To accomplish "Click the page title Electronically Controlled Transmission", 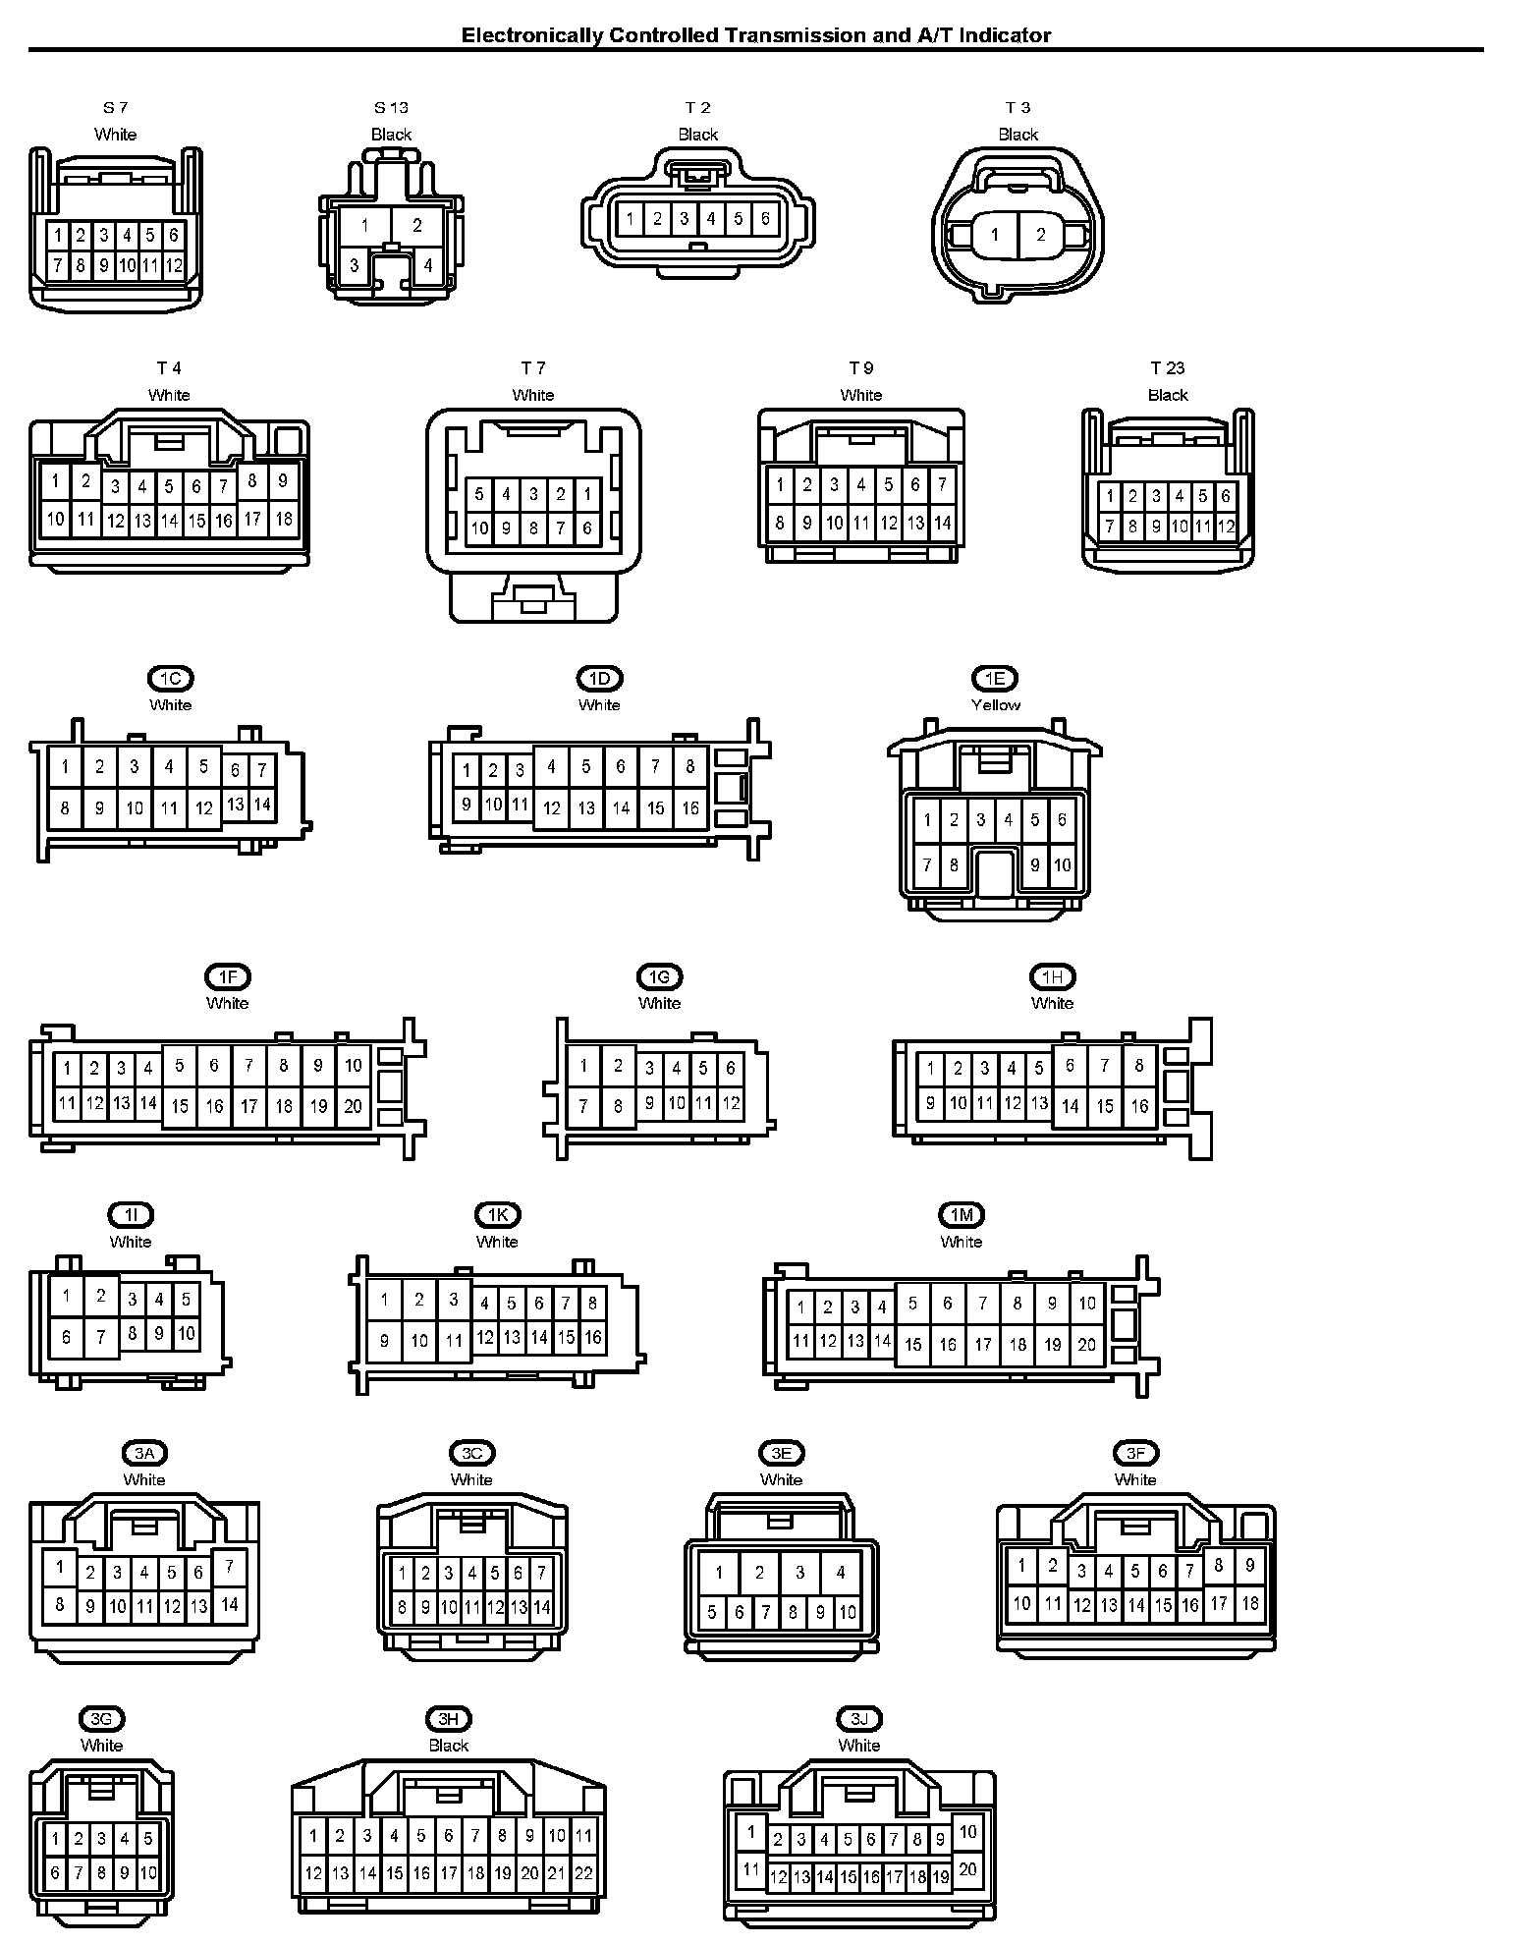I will pyautogui.click(x=756, y=36).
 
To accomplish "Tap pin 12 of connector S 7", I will pyautogui.click(x=174, y=265).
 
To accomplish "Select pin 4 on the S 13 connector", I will pyautogui.click(x=428, y=265).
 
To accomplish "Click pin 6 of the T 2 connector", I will pyautogui.click(x=765, y=219).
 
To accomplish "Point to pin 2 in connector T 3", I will pyautogui.click(x=1041, y=235).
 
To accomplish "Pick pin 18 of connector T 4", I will pyautogui.click(x=284, y=519).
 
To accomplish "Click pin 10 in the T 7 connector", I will pyautogui.click(x=479, y=528).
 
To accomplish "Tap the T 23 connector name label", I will pyautogui.click(x=1168, y=368).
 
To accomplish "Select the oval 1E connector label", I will pyautogui.click(x=995, y=679).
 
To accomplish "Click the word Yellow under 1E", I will pyautogui.click(x=996, y=705).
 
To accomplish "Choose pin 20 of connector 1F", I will pyautogui.click(x=353, y=1106).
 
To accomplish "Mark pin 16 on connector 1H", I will pyautogui.click(x=1139, y=1106).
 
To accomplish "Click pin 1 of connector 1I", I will pyautogui.click(x=66, y=1296).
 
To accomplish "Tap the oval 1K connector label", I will pyautogui.click(x=497, y=1215).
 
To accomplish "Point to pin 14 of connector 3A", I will pyautogui.click(x=230, y=1605).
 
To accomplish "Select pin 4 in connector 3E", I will pyautogui.click(x=841, y=1573).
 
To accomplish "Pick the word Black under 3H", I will pyautogui.click(x=449, y=1746).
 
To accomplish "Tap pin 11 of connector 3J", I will pyautogui.click(x=751, y=1869).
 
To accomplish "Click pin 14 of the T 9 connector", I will pyautogui.click(x=942, y=524).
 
